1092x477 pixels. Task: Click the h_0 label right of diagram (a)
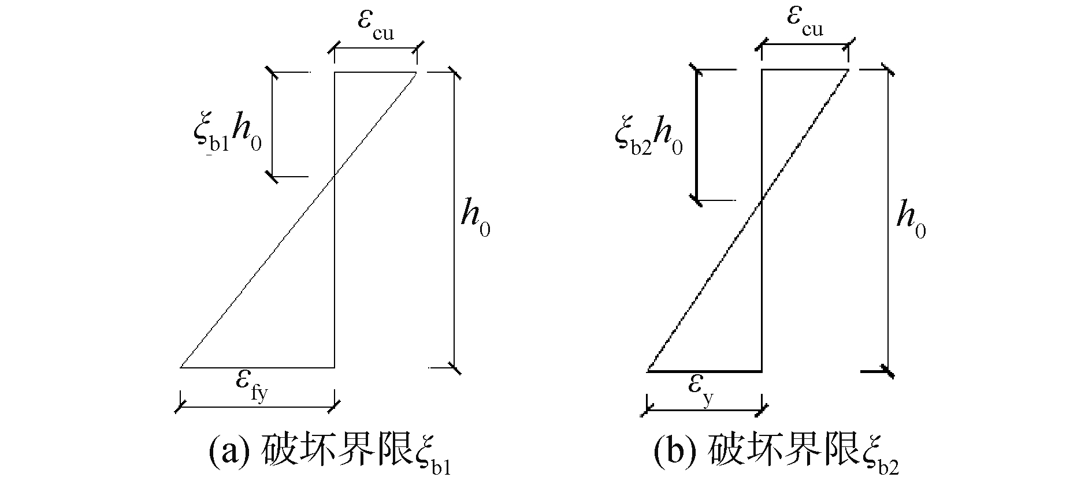click(475, 221)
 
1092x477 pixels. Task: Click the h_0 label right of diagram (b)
click(911, 221)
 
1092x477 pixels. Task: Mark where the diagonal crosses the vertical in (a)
click(335, 177)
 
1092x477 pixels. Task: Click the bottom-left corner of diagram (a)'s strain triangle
click(181, 367)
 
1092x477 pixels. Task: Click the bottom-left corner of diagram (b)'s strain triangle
click(647, 371)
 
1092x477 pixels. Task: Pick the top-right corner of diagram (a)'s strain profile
click(417, 72)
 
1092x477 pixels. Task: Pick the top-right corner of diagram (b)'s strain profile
click(848, 70)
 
